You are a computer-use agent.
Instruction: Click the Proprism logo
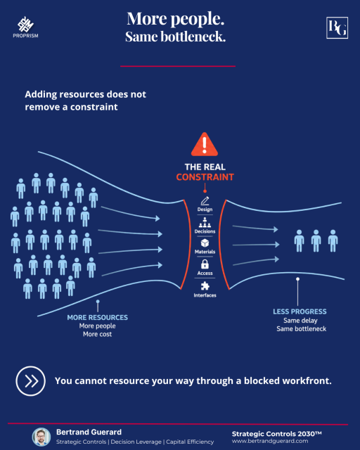(x=25, y=27)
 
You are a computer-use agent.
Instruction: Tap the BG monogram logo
(x=337, y=28)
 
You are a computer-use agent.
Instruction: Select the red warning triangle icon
(x=205, y=144)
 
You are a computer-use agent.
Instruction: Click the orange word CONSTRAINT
(x=205, y=177)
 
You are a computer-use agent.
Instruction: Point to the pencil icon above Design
(x=205, y=201)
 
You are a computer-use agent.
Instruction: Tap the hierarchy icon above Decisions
(x=205, y=222)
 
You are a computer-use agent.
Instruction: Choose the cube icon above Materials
(x=205, y=243)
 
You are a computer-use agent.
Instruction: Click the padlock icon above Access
(x=205, y=264)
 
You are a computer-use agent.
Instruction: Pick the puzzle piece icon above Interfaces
(x=205, y=286)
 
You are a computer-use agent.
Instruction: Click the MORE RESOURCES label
(x=97, y=317)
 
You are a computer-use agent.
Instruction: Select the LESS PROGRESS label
(x=300, y=311)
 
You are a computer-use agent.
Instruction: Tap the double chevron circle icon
(x=30, y=381)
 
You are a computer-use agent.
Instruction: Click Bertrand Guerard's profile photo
(x=41, y=437)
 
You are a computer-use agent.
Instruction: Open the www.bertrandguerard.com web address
(x=270, y=441)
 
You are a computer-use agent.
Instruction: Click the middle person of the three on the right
(x=316, y=240)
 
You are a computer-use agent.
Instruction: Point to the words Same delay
(x=300, y=321)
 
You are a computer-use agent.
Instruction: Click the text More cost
(x=97, y=334)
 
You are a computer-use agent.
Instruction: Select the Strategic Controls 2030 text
(x=276, y=434)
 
